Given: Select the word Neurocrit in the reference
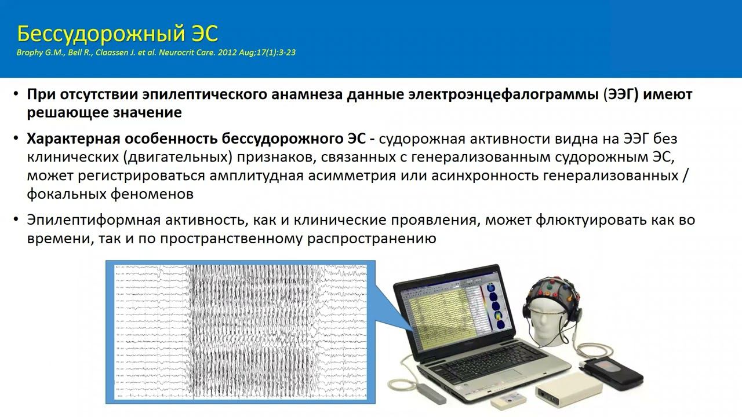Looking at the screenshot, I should (x=152, y=53).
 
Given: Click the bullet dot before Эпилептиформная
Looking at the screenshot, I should (x=16, y=220).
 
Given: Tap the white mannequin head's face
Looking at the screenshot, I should (x=547, y=319).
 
